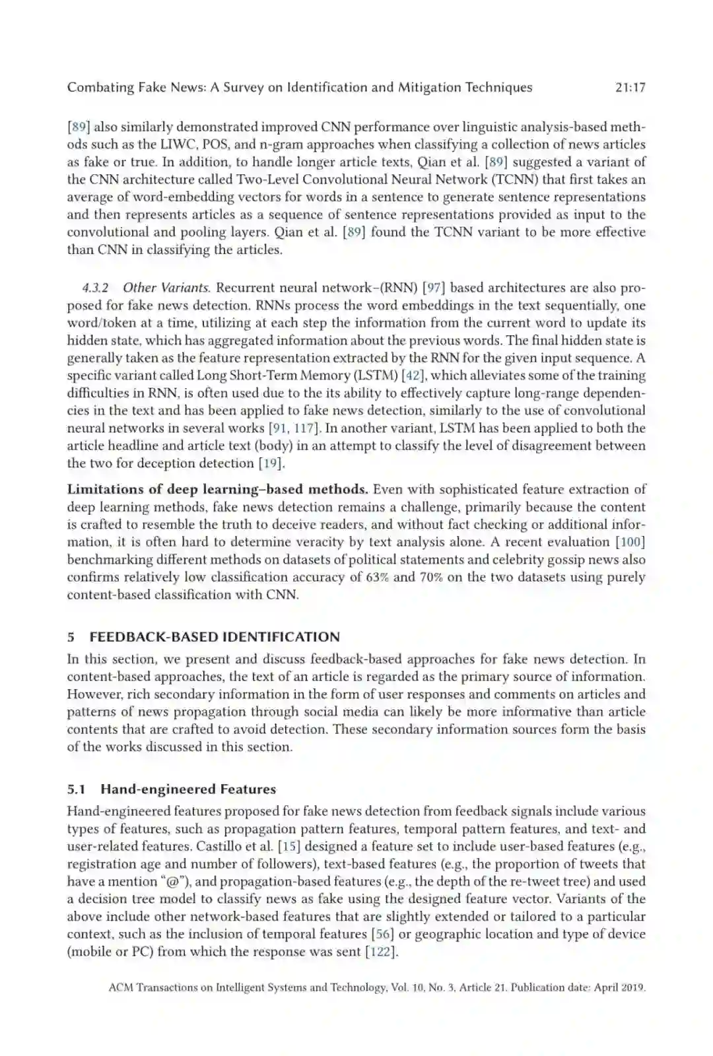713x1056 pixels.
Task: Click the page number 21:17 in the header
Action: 629,87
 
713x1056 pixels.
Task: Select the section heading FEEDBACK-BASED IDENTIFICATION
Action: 215,637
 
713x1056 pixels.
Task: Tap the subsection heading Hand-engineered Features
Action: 188,789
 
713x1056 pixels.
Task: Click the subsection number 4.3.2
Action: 95,288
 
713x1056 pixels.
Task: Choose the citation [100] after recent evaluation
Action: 630,542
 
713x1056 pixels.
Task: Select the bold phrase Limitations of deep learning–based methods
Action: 217,490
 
